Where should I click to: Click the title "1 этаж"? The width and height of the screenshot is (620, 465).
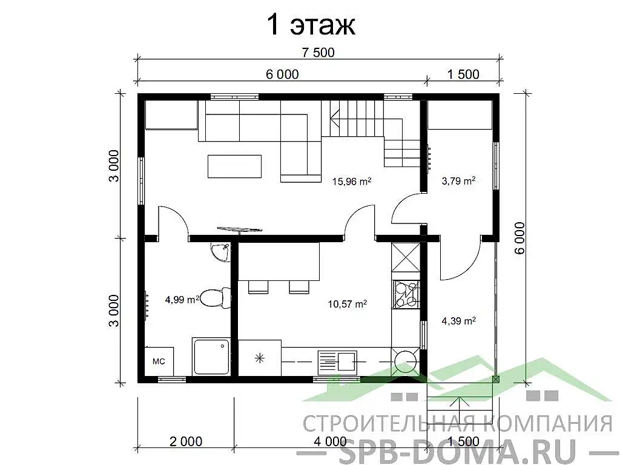click(310, 25)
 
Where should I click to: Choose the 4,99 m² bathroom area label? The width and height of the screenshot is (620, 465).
click(182, 298)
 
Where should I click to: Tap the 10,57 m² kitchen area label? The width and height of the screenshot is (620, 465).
click(347, 304)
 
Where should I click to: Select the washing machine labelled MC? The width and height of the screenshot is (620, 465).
click(159, 361)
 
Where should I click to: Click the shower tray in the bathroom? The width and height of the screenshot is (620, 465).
click(211, 357)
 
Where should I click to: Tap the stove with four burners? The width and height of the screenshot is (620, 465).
click(406, 293)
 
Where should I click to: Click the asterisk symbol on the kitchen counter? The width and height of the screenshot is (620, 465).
click(260, 358)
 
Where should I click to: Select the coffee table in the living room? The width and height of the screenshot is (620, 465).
click(235, 166)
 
